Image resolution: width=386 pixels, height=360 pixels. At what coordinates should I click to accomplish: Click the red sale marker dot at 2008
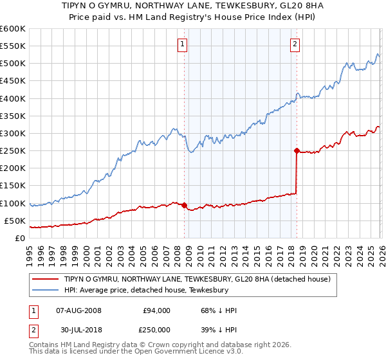(184, 206)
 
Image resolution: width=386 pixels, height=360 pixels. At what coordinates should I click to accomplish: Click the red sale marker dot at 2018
(297, 151)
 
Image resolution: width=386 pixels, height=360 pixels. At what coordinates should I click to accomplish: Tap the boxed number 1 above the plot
(183, 44)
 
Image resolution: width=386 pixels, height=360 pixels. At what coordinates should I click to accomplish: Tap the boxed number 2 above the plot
(295, 44)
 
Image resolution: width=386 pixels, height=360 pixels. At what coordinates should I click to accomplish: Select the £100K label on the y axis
(13, 203)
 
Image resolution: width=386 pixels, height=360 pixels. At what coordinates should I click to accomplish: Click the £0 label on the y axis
(19, 239)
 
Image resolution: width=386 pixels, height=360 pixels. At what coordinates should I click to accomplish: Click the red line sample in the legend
(47, 279)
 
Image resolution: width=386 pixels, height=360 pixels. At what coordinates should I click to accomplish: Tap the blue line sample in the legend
(47, 291)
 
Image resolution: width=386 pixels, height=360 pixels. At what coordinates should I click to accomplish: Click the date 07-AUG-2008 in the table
(79, 310)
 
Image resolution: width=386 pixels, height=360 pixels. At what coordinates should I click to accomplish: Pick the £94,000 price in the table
(156, 310)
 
